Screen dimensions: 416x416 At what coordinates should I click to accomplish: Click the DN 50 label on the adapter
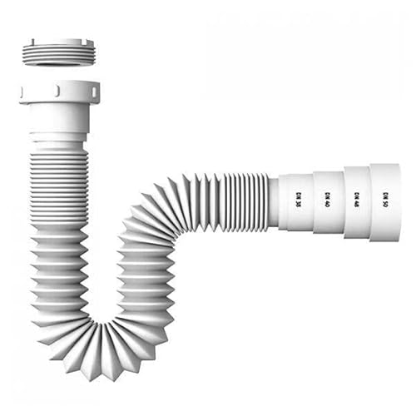click(385, 199)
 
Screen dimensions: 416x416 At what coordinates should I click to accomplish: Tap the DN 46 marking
click(357, 199)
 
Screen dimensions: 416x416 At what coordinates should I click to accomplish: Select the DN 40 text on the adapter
click(327, 200)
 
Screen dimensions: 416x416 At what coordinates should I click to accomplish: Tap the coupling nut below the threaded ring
click(59, 92)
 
